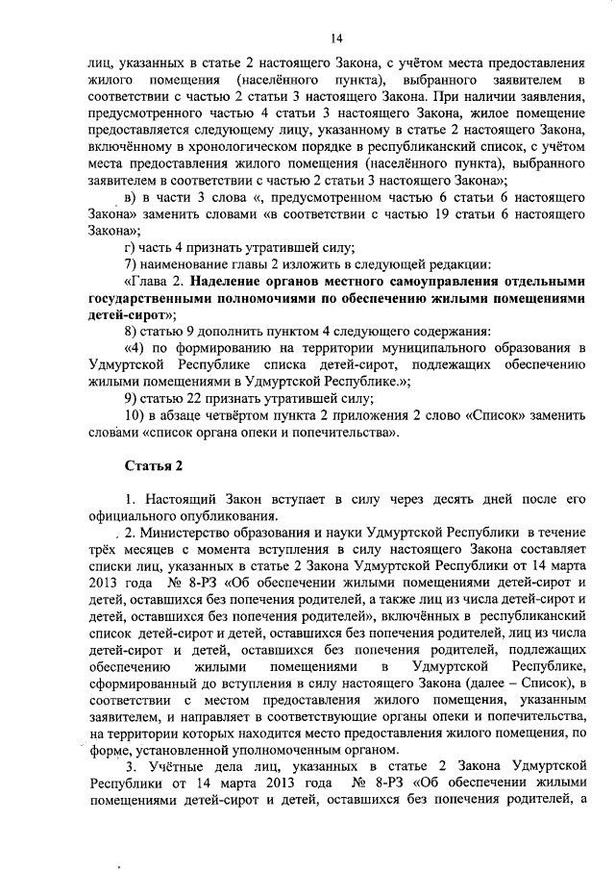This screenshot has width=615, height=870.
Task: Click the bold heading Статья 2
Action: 153,466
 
